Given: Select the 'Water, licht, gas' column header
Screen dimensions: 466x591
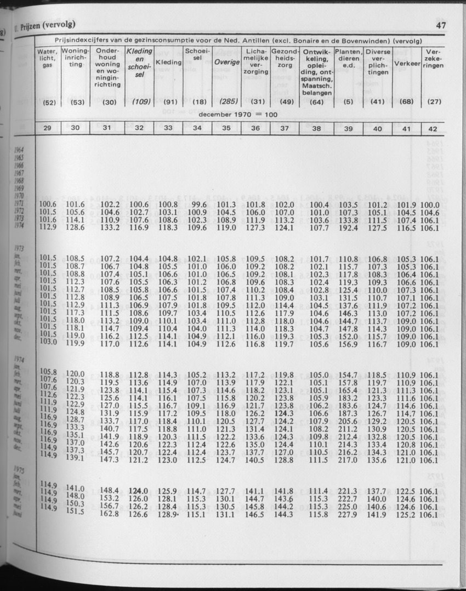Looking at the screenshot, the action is click(x=48, y=58).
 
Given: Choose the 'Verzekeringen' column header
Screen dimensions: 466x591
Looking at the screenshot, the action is click(x=433, y=58).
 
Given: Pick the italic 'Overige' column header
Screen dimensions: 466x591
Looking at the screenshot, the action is click(x=227, y=62).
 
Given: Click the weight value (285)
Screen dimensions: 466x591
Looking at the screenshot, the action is click(x=227, y=101).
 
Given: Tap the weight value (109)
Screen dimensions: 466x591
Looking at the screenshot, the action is click(x=139, y=101).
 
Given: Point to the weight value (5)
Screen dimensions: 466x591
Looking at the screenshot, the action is click(x=348, y=101).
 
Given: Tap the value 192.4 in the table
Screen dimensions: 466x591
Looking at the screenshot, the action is click(x=348, y=227).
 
